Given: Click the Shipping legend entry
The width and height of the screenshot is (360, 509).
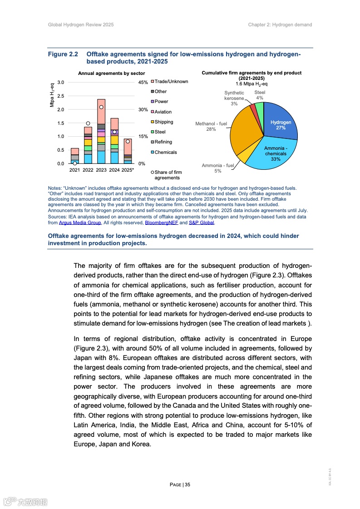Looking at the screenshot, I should point(164,122).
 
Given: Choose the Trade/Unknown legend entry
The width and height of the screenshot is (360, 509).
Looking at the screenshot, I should point(171,82).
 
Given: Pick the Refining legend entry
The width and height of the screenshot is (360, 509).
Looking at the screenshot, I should point(163,142).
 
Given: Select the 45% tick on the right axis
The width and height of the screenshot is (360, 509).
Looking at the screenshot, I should point(143,82).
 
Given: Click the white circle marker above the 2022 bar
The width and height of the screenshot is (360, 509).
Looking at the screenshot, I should point(88,123).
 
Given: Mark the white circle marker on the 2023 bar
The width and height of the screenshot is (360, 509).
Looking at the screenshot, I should point(101,107).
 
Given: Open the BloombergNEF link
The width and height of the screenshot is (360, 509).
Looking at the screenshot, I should point(161,223).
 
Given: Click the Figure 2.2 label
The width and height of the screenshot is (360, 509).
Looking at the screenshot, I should point(64,54).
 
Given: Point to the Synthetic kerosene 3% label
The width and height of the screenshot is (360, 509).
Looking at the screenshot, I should point(234,98).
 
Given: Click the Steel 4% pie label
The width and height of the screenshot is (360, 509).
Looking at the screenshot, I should point(260,95).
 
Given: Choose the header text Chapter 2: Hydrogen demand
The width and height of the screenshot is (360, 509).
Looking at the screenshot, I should point(280,25).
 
